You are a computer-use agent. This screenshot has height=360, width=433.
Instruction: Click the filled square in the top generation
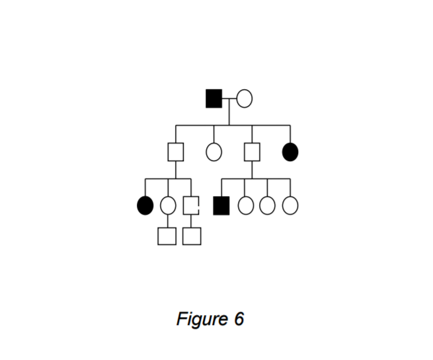coord(214,98)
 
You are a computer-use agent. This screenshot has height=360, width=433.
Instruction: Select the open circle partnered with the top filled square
coord(244,98)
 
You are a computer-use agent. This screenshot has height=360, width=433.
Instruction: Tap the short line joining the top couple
coord(229,98)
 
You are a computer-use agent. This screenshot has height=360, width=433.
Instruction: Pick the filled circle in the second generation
coord(290,152)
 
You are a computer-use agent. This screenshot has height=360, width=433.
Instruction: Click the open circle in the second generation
coord(214,152)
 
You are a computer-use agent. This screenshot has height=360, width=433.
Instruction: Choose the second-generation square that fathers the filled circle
coord(175,152)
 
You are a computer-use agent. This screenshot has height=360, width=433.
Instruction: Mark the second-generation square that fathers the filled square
coord(251,152)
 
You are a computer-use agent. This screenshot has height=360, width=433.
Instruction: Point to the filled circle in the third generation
coord(145,205)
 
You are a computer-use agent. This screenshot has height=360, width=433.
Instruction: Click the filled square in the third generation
coord(221,205)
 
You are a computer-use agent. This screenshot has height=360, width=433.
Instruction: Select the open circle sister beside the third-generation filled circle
coord(168,205)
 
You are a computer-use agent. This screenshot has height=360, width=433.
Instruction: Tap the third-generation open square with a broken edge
coord(191,205)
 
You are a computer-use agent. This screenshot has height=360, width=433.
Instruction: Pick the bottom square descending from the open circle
coord(167,236)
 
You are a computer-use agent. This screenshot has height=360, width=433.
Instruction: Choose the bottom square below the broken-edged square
coord(192,236)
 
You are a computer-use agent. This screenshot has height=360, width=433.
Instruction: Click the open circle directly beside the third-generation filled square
coord(246,205)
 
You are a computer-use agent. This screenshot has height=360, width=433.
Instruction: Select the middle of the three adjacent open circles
coord(267,205)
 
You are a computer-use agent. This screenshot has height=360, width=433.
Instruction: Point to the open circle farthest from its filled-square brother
coord(290,205)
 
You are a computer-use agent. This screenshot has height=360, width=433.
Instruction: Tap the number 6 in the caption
coord(239,319)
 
